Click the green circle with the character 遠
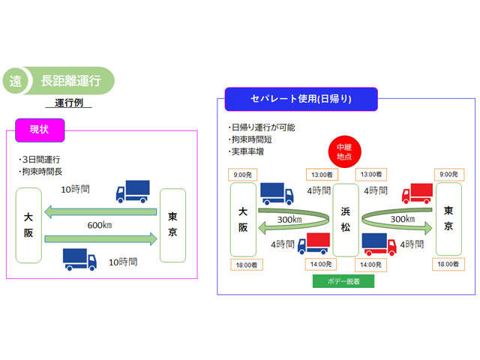tap(16, 82)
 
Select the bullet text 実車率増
tap(247, 151)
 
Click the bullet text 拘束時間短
tap(250, 139)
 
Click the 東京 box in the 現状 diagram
tap(172, 225)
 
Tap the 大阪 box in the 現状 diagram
tap(29, 225)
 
